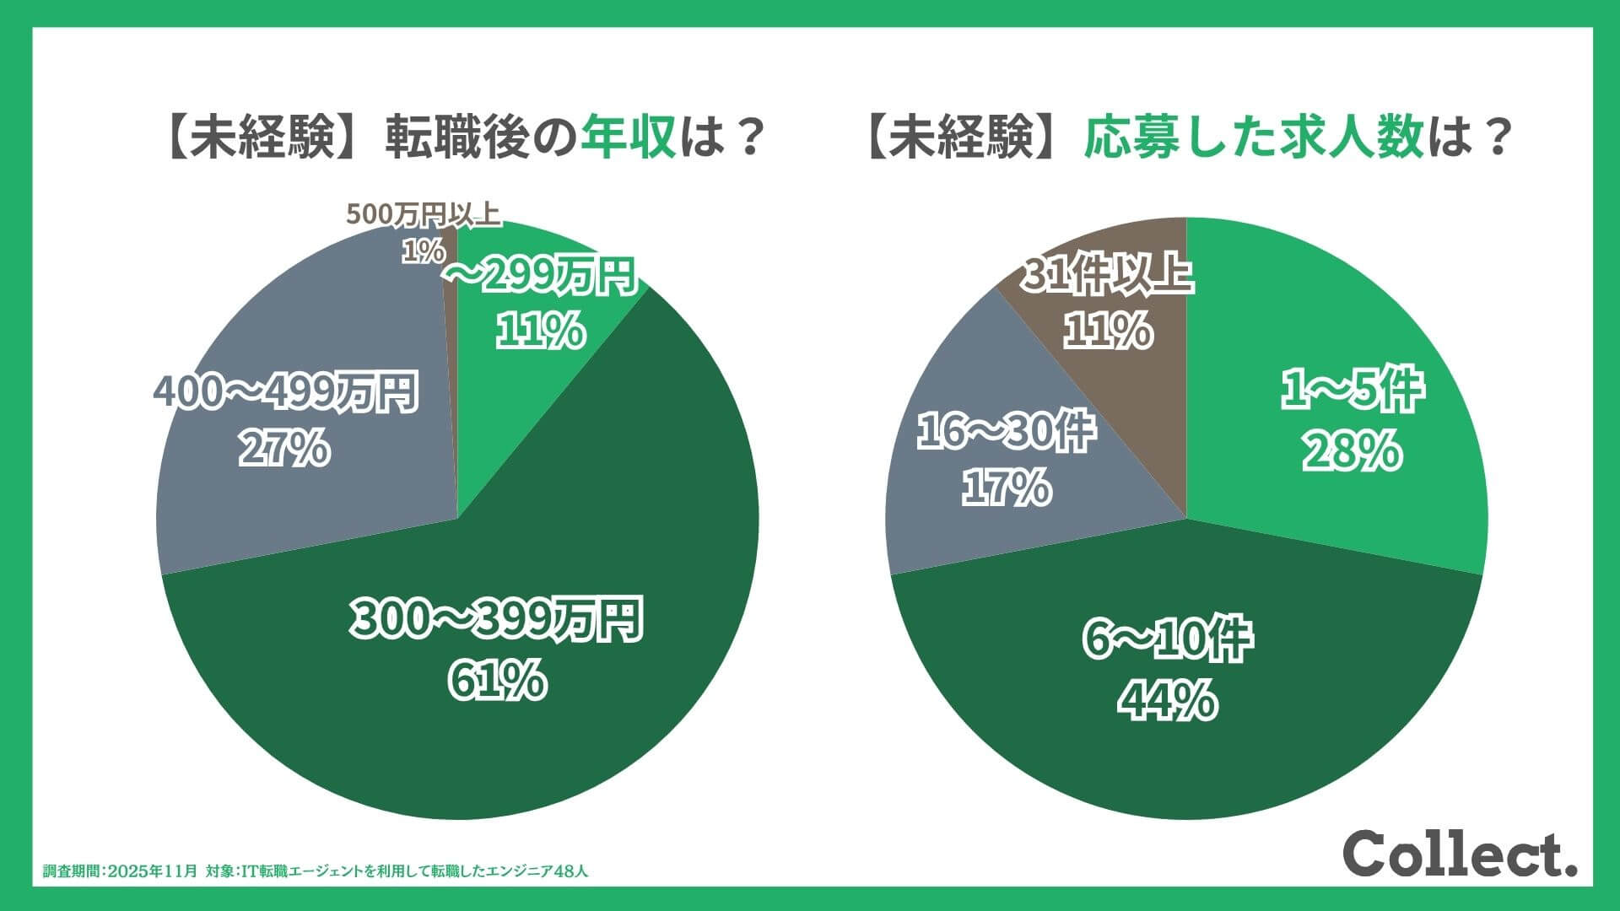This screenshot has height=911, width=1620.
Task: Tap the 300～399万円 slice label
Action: pyautogui.click(x=496, y=621)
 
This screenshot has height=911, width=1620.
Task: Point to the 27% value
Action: pyautogui.click(x=283, y=449)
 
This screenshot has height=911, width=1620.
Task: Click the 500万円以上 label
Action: pyautogui.click(x=424, y=215)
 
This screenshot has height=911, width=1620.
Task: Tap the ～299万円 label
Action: pyautogui.click(x=540, y=277)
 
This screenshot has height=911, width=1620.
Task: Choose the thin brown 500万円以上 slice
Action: pyautogui.click(x=450, y=278)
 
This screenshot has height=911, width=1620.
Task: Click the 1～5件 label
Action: pyautogui.click(x=1353, y=391)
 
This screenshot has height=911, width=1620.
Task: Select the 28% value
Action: pyautogui.click(x=1353, y=452)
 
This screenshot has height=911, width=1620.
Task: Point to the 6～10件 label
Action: pyautogui.click(x=1168, y=640)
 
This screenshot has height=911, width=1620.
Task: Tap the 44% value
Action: pyautogui.click(x=1168, y=700)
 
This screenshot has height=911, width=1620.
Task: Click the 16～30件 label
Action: pyautogui.click(x=1006, y=432)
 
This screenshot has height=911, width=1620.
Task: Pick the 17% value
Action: pyautogui.click(x=1006, y=488)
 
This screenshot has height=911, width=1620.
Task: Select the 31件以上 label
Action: pyautogui.click(x=1107, y=275)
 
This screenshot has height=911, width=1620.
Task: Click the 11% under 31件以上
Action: pyautogui.click(x=1107, y=330)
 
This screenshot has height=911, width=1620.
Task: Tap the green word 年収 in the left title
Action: pyautogui.click(x=629, y=137)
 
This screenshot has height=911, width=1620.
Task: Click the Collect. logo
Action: pyautogui.click(x=1460, y=854)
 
